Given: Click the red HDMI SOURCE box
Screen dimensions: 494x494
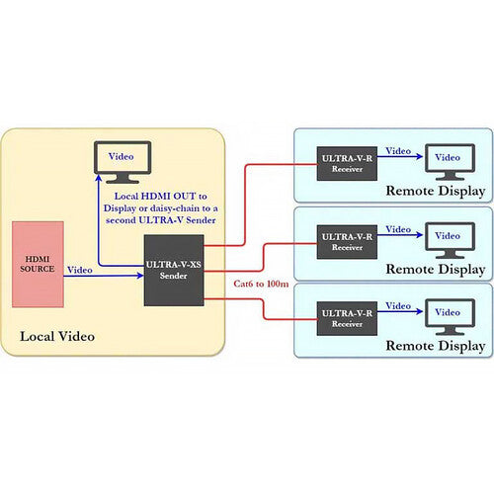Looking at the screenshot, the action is (38, 264).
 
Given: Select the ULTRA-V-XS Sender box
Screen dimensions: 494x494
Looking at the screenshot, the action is (174, 271).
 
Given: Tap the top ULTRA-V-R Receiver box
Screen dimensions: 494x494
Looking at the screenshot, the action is (347, 164).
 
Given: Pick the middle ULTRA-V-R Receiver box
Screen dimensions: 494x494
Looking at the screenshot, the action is (347, 242).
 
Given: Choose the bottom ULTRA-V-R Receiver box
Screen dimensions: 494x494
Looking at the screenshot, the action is (347, 318).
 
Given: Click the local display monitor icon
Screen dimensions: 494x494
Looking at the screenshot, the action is (123, 162).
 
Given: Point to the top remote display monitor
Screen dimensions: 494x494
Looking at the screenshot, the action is (450, 162).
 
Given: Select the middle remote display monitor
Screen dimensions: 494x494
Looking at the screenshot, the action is (450, 240).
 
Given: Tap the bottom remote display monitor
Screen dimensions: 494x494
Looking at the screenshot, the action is (450, 317).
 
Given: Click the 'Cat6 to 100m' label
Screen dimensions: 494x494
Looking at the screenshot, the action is (261, 284).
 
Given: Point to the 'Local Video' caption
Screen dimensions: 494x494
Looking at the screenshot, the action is (57, 336).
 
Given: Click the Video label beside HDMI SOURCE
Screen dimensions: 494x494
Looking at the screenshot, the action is (80, 270).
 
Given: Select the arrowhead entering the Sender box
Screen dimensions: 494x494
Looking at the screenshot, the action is (140, 276).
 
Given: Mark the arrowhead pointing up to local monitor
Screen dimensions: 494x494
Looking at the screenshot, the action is (99, 178).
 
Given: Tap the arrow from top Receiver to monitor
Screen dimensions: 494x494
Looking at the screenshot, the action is (400, 156).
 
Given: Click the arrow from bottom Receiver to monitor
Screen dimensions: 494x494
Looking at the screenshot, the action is (400, 311).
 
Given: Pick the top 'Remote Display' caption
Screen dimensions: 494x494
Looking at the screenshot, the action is (436, 191).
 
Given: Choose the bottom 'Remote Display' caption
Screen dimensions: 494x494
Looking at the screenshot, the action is (436, 346).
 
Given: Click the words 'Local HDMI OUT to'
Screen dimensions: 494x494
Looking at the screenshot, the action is (161, 196).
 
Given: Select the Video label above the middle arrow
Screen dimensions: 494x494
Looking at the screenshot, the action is (398, 229).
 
